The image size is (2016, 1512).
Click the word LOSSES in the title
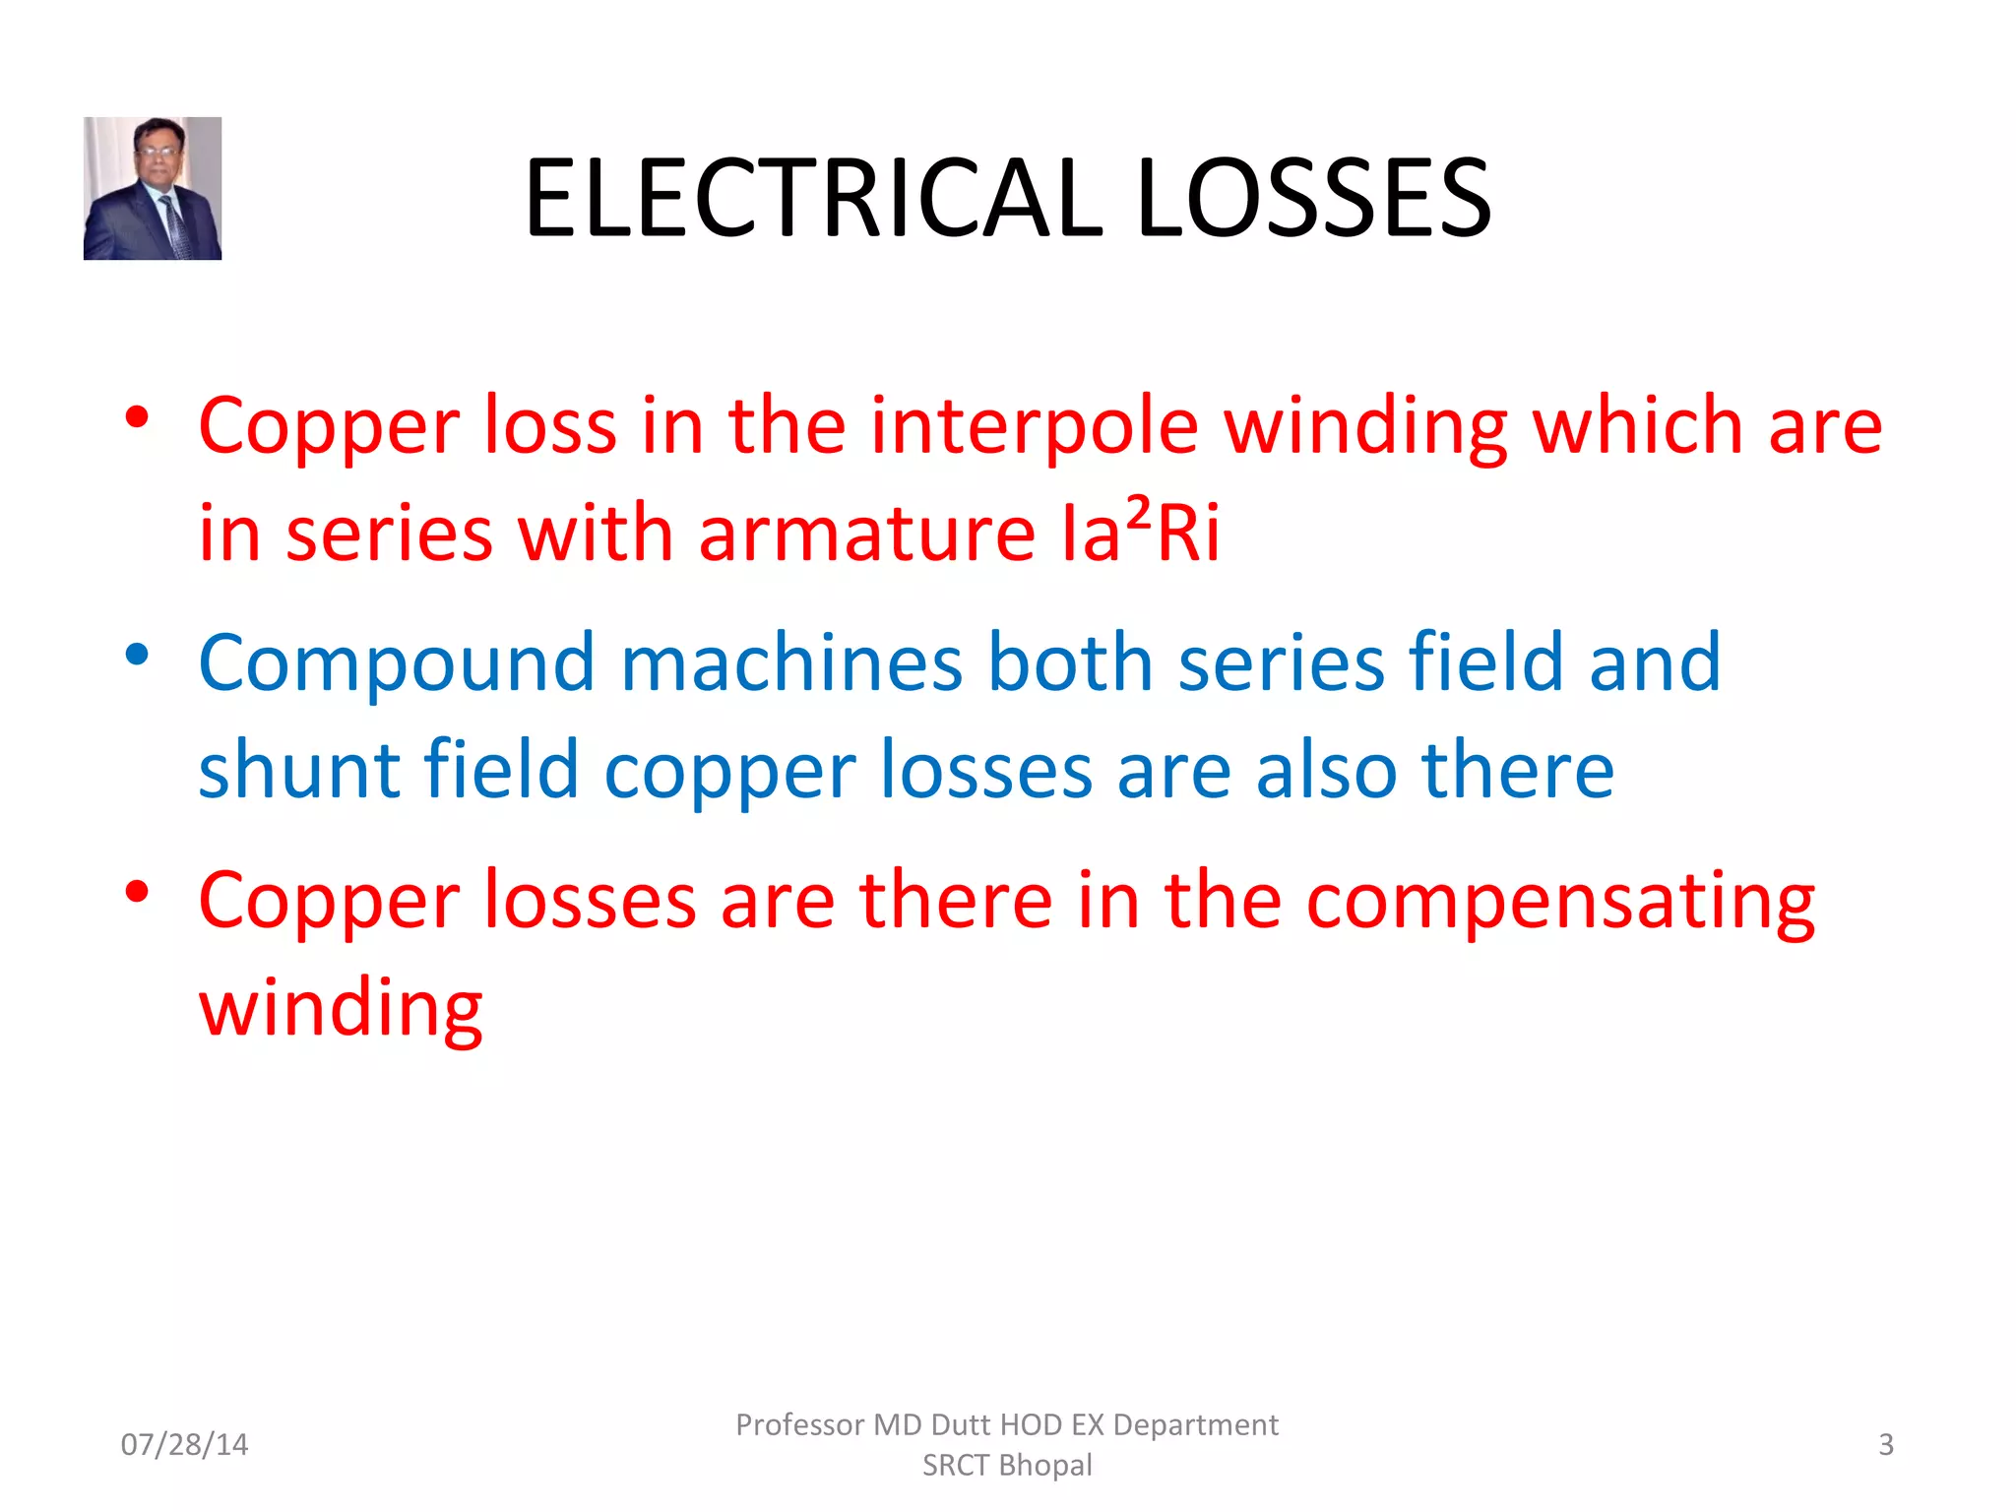click(x=1313, y=199)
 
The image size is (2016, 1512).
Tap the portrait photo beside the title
click(x=153, y=188)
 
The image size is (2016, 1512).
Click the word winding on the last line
click(x=341, y=1010)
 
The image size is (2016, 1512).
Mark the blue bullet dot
click(x=137, y=655)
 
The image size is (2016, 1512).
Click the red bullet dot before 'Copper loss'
click(x=137, y=417)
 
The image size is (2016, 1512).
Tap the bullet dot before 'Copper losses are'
click(x=137, y=892)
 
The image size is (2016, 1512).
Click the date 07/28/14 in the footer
click(x=184, y=1444)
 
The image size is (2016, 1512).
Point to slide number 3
click(x=1885, y=1444)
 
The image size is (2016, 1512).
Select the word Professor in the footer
click(x=799, y=1424)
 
